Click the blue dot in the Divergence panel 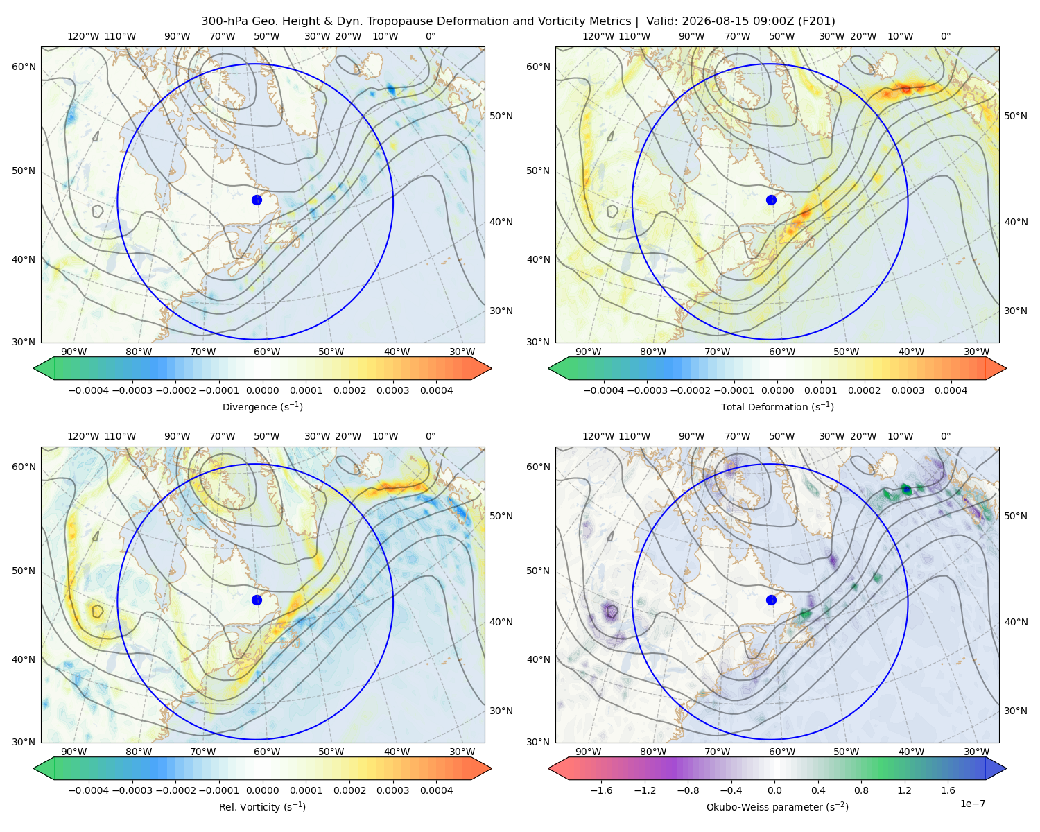click(x=257, y=200)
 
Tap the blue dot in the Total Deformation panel click(x=771, y=200)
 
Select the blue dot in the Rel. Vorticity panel click(x=257, y=600)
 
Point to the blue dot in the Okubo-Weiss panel click(x=771, y=600)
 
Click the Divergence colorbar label click(x=262, y=406)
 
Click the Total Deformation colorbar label click(x=777, y=406)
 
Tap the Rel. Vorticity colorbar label click(x=262, y=806)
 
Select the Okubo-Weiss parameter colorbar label click(x=777, y=806)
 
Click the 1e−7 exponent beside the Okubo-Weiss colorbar click(x=972, y=804)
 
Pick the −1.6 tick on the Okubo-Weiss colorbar click(x=601, y=790)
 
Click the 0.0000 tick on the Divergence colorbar click(x=262, y=390)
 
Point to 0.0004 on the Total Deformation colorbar click(x=951, y=390)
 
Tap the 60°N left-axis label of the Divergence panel click(x=24, y=67)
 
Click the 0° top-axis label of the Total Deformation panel click(x=945, y=36)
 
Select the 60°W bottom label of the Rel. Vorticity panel click(x=267, y=752)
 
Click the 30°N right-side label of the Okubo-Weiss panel click(x=1015, y=711)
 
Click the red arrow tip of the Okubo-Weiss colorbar click(x=549, y=768)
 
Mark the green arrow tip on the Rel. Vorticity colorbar click(x=34, y=768)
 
